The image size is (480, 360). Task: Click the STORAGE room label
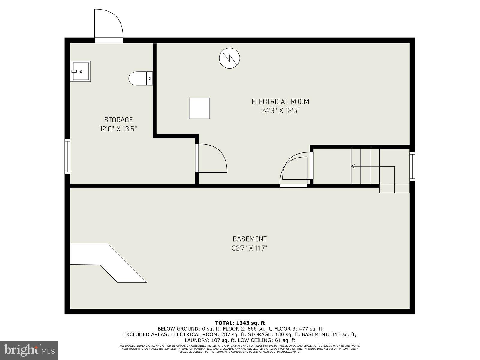(x=118, y=120)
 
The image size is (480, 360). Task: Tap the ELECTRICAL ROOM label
(x=280, y=102)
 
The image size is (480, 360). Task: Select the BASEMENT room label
(x=250, y=239)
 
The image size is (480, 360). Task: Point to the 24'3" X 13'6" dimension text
(x=280, y=111)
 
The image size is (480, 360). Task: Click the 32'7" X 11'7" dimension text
(x=250, y=248)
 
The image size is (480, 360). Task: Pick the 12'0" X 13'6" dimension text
(x=118, y=129)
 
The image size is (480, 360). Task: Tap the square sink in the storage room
(x=81, y=71)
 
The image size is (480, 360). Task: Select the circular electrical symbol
(x=229, y=58)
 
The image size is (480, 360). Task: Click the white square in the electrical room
(x=199, y=108)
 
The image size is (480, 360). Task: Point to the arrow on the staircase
(x=353, y=166)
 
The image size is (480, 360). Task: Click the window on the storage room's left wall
(x=67, y=156)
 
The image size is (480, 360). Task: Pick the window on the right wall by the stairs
(x=412, y=166)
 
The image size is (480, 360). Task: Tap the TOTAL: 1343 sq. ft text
(x=240, y=323)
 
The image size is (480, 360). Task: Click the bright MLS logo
(x=29, y=350)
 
